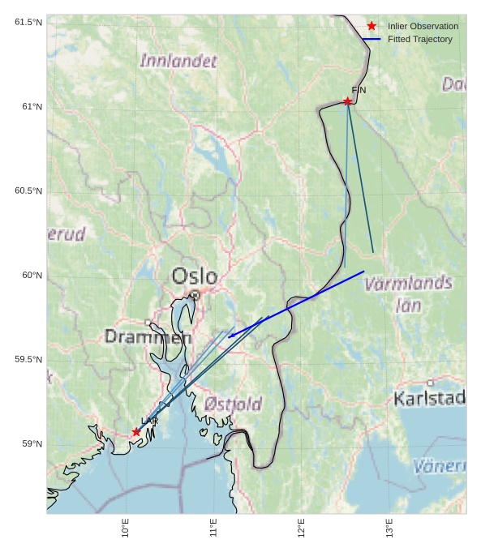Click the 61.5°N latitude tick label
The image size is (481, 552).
pos(28,22)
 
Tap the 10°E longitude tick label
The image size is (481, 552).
pos(126,528)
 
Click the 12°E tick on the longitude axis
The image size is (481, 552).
pos(302,528)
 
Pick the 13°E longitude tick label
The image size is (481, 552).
pos(389,528)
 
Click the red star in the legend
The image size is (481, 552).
pos(371,26)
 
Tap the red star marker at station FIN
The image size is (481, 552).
pos(347,101)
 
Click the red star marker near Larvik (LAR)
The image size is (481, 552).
pos(136,432)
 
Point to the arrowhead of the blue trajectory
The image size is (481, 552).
pos(230,336)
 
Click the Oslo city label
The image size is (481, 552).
pos(195,276)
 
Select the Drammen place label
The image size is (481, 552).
pos(148,336)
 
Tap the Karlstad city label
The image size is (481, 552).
pos(429,398)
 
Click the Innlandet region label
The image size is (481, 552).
pos(178,61)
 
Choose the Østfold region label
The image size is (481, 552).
pos(233,404)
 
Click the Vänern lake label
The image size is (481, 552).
pos(440,467)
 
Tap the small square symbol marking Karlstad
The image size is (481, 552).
pos(430,382)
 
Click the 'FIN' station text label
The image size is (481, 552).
pos(359,89)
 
